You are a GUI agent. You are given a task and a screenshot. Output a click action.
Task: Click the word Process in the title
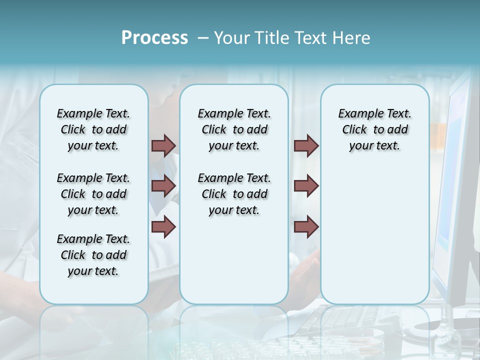pyautogui.click(x=154, y=38)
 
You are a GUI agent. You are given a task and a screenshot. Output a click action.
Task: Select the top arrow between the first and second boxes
pyautogui.click(x=163, y=145)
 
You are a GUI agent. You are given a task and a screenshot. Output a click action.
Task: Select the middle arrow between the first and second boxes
pyautogui.click(x=163, y=186)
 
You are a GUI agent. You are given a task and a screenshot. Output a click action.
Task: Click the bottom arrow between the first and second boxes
pyautogui.click(x=163, y=227)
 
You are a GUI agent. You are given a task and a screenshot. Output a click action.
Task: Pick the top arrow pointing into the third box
pyautogui.click(x=306, y=145)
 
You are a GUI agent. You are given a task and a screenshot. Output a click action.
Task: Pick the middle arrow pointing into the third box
pyautogui.click(x=306, y=186)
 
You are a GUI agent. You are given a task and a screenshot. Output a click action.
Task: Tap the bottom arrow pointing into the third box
pyautogui.click(x=306, y=227)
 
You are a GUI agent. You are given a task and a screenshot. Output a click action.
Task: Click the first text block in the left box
pyautogui.click(x=93, y=129)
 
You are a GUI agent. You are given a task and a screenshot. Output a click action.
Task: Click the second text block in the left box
pyautogui.click(x=93, y=194)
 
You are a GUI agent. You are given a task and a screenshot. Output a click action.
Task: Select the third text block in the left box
pyautogui.click(x=93, y=255)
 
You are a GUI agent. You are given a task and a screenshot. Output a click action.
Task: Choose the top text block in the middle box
pyautogui.click(x=234, y=129)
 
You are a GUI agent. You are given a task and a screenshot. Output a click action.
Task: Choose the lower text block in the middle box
pyautogui.click(x=234, y=194)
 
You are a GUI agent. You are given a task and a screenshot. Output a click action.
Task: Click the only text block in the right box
pyautogui.click(x=374, y=129)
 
